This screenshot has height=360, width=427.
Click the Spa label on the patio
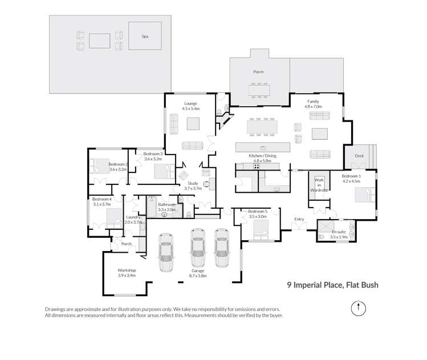pos(144,36)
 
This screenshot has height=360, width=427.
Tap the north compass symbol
pos(357,309)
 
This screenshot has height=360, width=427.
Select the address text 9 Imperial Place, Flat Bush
pos(332,284)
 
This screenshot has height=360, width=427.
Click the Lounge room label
pos(190,103)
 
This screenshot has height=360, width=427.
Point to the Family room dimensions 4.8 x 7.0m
pos(313,107)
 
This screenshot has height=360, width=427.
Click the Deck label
pos(359,156)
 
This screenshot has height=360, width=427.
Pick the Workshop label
pos(126,270)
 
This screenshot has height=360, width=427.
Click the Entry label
pos(299,219)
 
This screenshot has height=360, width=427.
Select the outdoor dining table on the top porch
pos(259,90)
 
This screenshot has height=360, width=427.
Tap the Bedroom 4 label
pos(102,199)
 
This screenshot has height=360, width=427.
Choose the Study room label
pos(192,183)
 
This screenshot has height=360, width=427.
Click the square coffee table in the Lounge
pos(194,124)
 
